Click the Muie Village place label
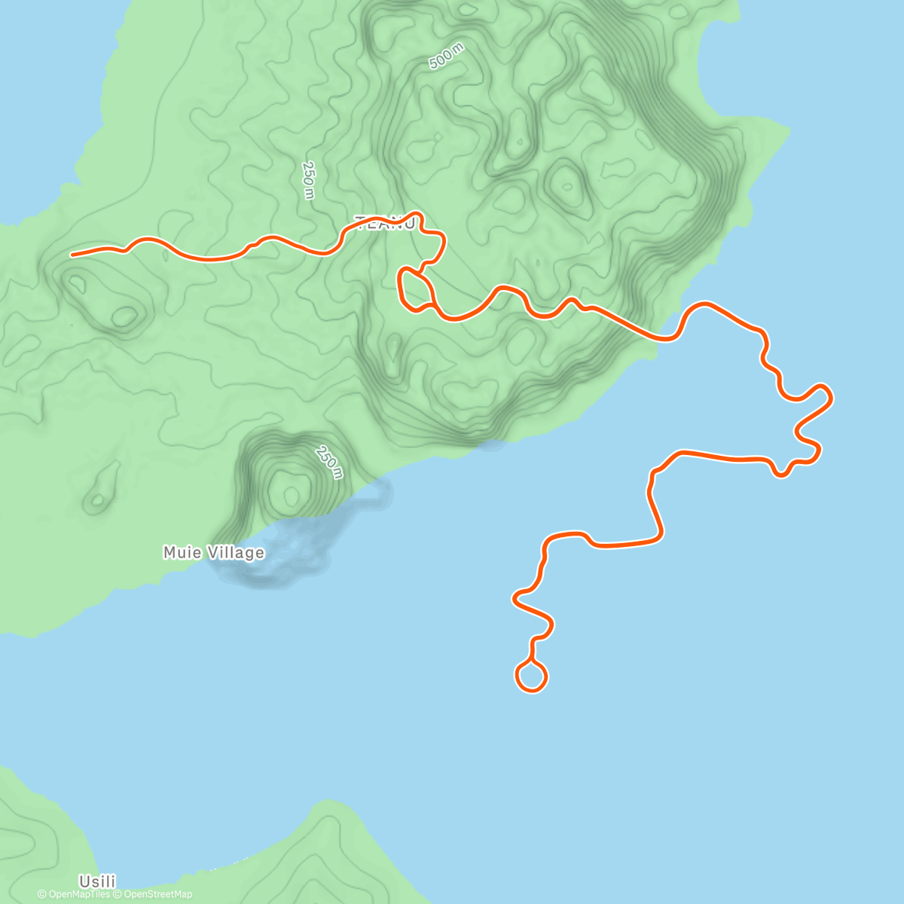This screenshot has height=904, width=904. (x=213, y=553)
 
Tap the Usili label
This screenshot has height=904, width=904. (x=98, y=881)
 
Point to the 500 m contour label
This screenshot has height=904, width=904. (x=447, y=57)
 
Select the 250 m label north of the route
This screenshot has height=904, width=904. (x=308, y=180)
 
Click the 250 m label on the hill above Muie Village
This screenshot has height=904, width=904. (x=329, y=463)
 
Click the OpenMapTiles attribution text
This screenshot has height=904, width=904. (x=74, y=894)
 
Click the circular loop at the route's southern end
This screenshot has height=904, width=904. (x=531, y=676)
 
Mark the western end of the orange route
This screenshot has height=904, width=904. (x=72, y=255)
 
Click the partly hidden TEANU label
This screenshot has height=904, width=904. (x=384, y=223)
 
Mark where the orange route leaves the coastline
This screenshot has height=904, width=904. (x=666, y=338)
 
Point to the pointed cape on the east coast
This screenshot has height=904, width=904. (x=788, y=132)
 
